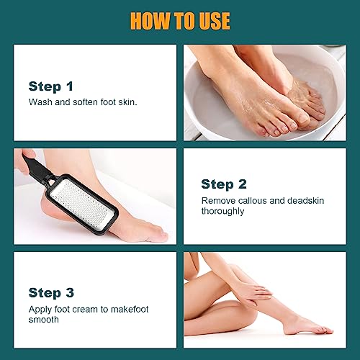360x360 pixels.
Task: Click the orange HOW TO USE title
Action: pos(179,21)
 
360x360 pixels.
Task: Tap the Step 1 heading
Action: pos(50,86)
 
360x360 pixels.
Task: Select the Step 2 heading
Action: pos(223,184)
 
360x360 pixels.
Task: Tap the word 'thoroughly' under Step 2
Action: pos(223,212)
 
